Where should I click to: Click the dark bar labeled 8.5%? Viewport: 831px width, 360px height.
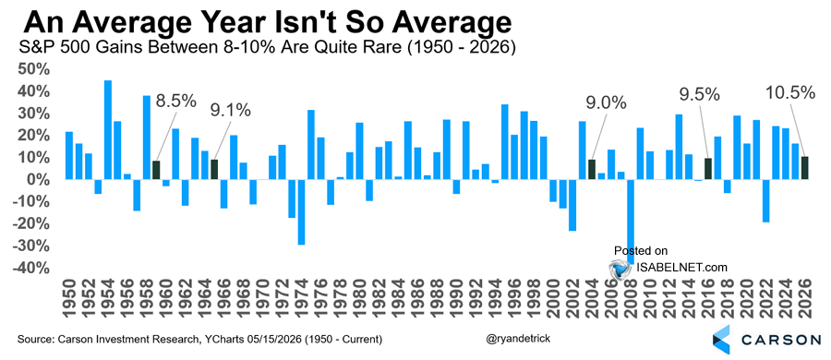[156, 170]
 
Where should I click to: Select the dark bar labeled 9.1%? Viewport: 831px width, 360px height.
[214, 170]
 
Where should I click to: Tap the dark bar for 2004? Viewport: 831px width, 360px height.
[592, 170]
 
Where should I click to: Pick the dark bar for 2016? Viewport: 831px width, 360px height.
[707, 169]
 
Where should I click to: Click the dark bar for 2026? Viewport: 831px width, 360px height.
[804, 168]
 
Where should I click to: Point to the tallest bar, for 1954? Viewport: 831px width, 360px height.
[108, 130]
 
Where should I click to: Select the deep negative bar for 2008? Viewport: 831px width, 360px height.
[630, 222]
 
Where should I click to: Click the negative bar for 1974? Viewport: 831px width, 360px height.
[301, 212]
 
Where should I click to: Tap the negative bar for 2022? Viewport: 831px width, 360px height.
[765, 201]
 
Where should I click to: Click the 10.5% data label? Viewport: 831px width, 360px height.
[789, 93]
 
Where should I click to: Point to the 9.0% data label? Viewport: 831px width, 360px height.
[606, 102]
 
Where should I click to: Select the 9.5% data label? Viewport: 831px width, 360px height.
[700, 95]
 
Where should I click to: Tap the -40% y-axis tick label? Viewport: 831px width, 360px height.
[34, 269]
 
